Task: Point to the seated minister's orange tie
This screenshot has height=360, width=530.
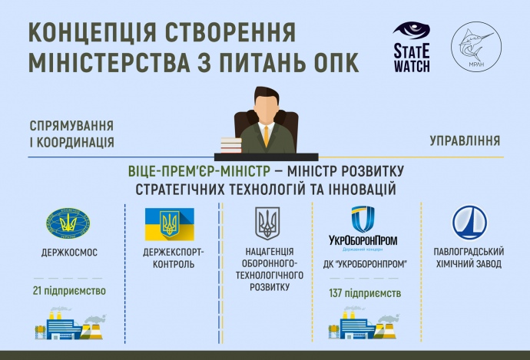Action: click(266, 134)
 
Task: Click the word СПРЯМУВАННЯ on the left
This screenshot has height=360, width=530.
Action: click(72, 126)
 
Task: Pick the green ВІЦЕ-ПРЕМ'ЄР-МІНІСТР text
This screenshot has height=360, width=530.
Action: click(196, 170)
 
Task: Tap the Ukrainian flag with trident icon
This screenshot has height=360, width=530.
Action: click(169, 223)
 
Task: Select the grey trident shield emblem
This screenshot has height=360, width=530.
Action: click(267, 223)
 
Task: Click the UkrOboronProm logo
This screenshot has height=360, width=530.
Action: click(363, 227)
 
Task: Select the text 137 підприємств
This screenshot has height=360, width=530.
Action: click(364, 292)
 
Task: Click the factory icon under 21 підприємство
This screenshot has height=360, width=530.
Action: click(69, 325)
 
